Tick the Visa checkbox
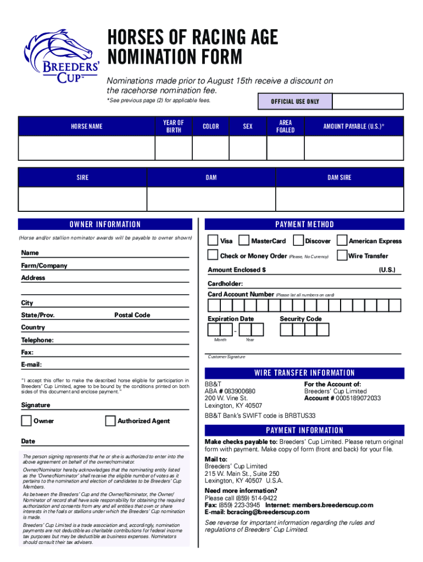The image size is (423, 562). [x=213, y=240]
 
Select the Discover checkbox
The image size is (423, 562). [x=298, y=240]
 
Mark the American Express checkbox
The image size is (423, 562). [x=342, y=240]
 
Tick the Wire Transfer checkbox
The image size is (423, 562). [x=342, y=255]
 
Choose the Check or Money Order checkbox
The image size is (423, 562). [x=213, y=255]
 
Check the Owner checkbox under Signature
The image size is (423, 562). [x=26, y=421]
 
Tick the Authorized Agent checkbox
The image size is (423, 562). [x=110, y=421]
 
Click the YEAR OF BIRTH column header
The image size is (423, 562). [x=173, y=126]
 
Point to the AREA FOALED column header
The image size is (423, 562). [x=285, y=126]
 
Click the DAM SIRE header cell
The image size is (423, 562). [x=339, y=177]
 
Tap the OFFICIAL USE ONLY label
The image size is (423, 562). [x=295, y=102]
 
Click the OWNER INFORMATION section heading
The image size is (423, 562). [x=105, y=224]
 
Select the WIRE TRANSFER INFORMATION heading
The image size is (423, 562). [x=304, y=373]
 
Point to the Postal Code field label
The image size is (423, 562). [x=132, y=315]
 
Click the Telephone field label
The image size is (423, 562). [x=37, y=340]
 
